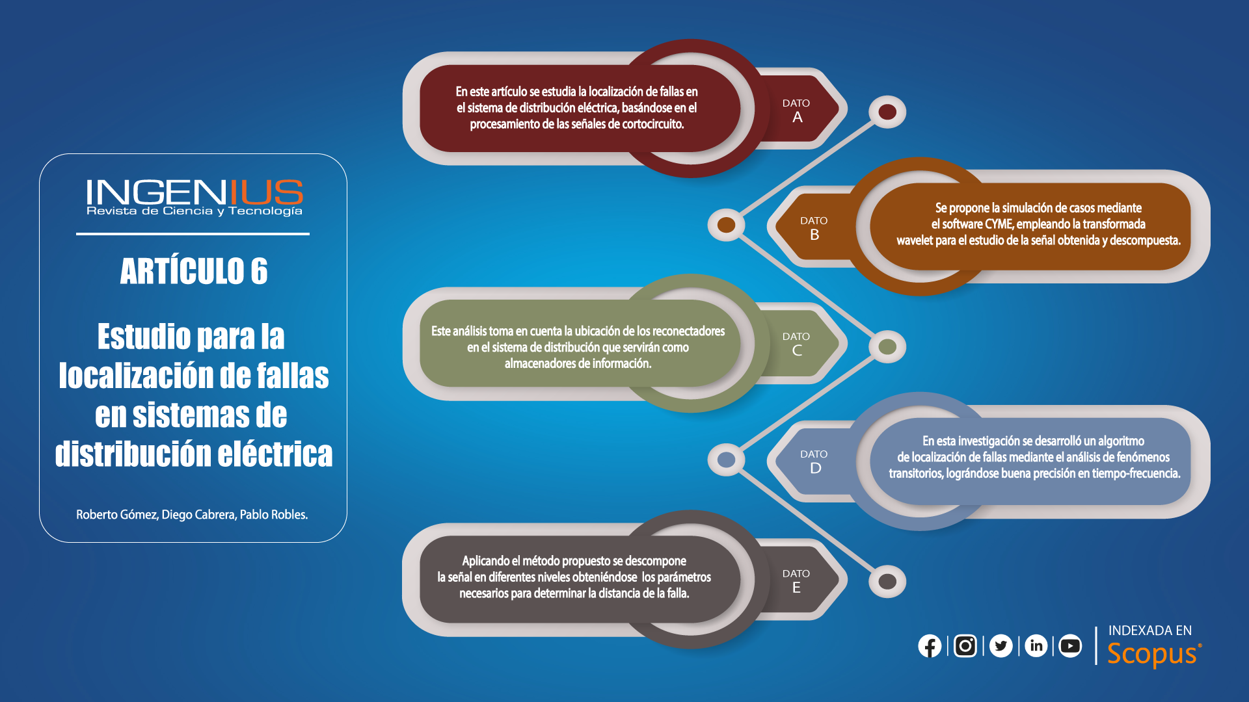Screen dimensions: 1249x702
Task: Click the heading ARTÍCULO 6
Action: pos(194,271)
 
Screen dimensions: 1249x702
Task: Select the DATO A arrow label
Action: pos(796,111)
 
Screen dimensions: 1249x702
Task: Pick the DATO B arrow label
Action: pos(814,228)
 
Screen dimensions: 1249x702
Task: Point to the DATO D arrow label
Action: pos(814,462)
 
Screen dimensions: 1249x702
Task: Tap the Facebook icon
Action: pos(930,646)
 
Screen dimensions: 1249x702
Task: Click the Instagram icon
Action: pos(965,646)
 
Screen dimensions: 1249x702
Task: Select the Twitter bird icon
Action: pos(1001,646)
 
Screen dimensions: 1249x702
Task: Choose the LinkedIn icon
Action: pos(1036,646)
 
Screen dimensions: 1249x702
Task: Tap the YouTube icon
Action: pos(1070,646)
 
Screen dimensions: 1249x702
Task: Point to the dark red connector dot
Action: pos(887,112)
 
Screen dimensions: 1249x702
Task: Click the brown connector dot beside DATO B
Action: pos(726,225)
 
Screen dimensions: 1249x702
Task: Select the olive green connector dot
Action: pos(887,346)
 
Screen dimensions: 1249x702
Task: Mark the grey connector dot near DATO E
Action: pos(887,581)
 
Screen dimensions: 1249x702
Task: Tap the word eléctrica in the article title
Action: pos(275,454)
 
